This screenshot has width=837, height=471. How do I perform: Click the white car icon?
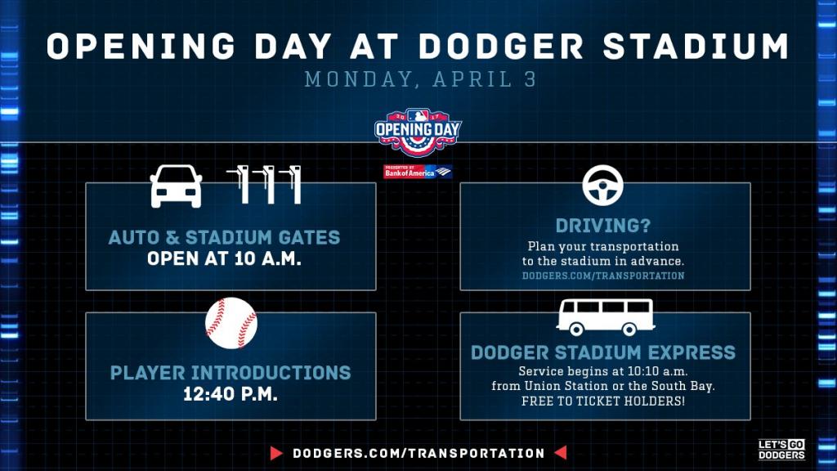point(177,186)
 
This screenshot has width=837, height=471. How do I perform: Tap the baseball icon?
point(231,323)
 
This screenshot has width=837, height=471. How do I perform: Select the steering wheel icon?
point(602,186)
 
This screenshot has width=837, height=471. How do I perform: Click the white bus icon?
point(606,317)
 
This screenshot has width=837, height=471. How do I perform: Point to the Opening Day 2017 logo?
point(418,132)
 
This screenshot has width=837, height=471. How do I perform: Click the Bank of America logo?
point(418,172)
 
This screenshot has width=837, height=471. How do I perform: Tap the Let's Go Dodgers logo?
point(781,450)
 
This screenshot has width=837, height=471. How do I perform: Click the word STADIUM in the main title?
point(696,46)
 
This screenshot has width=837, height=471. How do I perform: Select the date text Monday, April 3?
point(421,79)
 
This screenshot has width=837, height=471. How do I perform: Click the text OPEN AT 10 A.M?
point(224,259)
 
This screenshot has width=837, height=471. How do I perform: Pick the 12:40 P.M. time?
point(231,394)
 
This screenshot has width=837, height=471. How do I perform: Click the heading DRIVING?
point(603,226)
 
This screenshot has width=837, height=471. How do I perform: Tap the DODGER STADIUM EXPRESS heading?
point(603,352)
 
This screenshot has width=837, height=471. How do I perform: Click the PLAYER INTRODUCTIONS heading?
point(231,373)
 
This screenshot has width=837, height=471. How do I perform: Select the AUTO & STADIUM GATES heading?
point(224,238)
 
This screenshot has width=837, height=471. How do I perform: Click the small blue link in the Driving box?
point(603,276)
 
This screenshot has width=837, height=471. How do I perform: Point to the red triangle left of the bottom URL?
point(276,453)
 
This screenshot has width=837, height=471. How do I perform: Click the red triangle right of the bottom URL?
point(561,453)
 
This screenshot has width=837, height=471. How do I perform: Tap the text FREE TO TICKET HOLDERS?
point(603,401)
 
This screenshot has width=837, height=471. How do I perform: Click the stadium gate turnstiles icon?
point(264,185)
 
